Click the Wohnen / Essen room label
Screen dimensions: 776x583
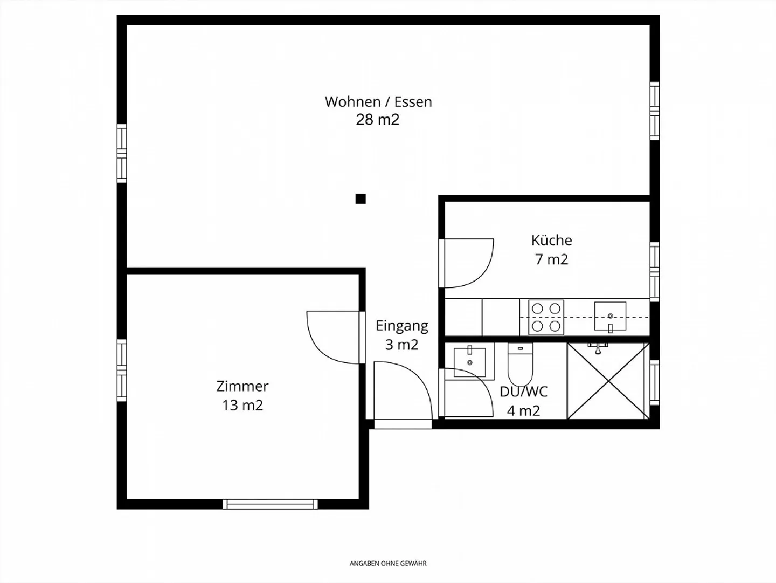coord(378,102)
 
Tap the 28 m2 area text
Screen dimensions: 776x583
coord(378,120)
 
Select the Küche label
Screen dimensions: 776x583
coord(551,240)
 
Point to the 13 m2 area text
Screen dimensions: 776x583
coord(242,405)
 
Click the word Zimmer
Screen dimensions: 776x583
coord(242,386)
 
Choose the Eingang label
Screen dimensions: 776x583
coord(402,326)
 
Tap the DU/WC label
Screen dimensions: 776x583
coord(524,392)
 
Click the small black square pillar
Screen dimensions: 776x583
coord(361,199)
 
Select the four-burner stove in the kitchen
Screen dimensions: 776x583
coord(546,317)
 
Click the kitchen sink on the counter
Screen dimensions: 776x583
coord(610,316)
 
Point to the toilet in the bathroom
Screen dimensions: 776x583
coord(520,364)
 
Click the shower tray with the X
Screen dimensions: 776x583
coord(608,381)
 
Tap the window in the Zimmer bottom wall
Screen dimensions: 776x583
coord(271,504)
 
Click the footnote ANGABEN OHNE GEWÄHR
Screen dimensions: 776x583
coord(388,563)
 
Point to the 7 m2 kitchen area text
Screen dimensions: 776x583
coord(551,259)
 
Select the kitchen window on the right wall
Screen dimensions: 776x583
coord(655,272)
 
